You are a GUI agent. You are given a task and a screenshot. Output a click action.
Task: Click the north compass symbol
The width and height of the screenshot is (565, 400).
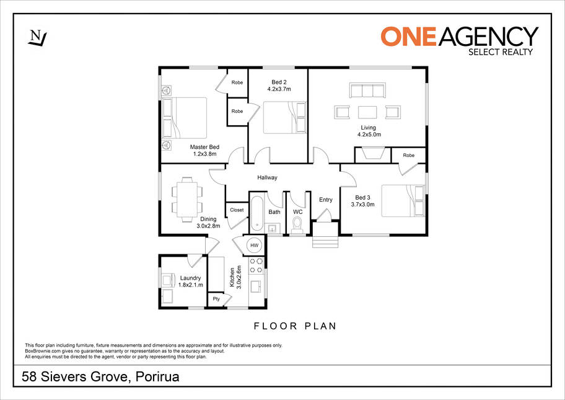click(x=37, y=38)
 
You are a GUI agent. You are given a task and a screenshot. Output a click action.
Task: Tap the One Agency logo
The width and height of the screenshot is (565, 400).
click(x=460, y=41)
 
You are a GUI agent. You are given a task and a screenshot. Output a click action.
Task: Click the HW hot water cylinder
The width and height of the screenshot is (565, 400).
click(x=255, y=245)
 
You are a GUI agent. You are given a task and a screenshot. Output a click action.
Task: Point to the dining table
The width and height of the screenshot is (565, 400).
click(x=187, y=200)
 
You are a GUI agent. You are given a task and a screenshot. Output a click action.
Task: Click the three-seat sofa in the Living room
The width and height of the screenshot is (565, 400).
click(x=367, y=90)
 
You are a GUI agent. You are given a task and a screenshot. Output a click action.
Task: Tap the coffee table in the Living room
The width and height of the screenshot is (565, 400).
click(x=367, y=112)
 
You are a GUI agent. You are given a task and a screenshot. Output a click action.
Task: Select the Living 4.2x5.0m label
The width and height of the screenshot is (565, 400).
click(x=369, y=131)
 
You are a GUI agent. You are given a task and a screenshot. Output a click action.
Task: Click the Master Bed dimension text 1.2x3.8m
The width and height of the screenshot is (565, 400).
click(x=204, y=154)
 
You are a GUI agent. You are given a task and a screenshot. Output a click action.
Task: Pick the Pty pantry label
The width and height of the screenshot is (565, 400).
click(x=216, y=299)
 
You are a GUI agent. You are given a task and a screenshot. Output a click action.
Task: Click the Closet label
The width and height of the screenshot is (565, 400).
click(x=237, y=210)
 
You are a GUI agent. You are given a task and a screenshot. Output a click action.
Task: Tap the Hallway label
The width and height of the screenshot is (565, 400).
click(x=268, y=177)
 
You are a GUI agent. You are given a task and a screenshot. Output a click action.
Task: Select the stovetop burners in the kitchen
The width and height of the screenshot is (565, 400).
click(x=256, y=265)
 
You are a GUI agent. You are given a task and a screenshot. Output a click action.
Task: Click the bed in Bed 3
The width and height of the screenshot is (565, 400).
click(x=403, y=201)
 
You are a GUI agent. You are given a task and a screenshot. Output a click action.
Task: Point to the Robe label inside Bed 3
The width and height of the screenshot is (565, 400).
click(x=409, y=155)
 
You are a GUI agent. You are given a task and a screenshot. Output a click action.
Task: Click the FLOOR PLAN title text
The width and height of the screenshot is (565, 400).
click(x=295, y=326)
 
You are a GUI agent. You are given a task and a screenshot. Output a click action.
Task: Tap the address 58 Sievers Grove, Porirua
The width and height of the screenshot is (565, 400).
click(x=100, y=377)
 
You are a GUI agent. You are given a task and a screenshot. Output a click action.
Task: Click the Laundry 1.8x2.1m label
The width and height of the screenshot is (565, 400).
click(x=191, y=282)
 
